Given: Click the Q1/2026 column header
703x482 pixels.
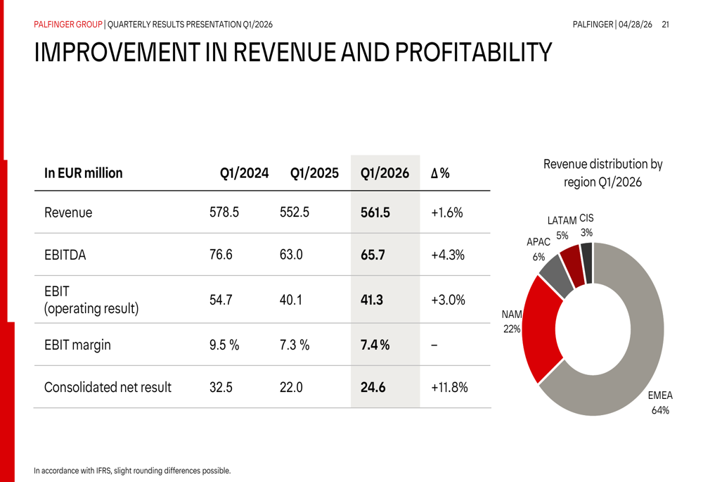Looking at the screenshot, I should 384,173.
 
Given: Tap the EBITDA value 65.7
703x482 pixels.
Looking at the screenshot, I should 373,255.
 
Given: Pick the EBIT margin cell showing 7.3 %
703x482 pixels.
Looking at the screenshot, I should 294,345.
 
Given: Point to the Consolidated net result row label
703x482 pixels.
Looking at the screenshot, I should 108,387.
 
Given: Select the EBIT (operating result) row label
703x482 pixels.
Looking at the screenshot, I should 91,300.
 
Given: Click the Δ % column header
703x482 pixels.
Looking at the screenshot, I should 440,173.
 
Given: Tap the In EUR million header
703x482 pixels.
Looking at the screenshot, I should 83,173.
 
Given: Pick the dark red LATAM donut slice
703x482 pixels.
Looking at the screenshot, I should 572,266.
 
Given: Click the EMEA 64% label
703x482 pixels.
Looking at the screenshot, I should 660,403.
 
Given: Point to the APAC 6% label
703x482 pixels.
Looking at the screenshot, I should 538,249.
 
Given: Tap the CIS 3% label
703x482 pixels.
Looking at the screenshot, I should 586,225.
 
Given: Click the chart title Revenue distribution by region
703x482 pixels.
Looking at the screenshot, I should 602,173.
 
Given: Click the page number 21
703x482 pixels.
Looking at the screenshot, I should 665,25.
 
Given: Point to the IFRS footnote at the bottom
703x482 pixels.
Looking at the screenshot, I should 132,470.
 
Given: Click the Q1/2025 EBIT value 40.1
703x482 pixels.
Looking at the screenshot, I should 290,300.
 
